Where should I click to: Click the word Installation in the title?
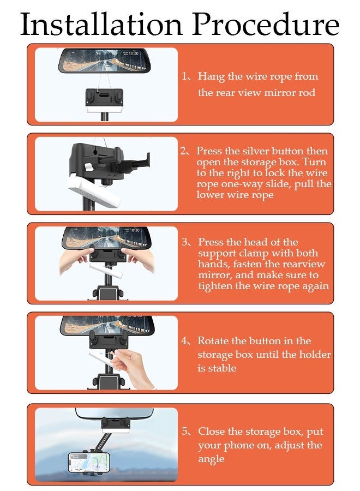[101, 24]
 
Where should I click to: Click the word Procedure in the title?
[266, 24]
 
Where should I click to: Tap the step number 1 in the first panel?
[185, 76]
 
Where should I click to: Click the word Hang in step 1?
[211, 77]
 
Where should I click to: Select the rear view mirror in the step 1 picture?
[105, 61]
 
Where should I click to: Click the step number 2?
[183, 151]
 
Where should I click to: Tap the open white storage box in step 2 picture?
[94, 190]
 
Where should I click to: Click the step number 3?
[185, 242]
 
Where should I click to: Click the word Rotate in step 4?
[213, 340]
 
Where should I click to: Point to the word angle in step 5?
[211, 459]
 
